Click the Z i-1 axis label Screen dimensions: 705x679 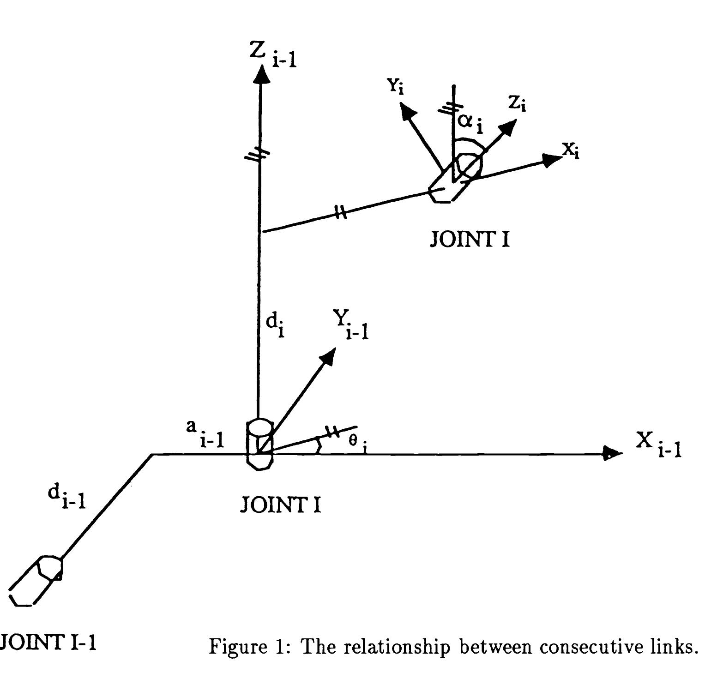272,55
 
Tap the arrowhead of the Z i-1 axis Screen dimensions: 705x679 263,74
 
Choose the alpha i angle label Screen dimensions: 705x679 470,122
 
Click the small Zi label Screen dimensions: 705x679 517,104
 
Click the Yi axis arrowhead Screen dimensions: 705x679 407,111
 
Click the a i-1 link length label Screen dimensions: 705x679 205,434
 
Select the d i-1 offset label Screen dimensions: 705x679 66,497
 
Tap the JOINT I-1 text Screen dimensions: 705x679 48,642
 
